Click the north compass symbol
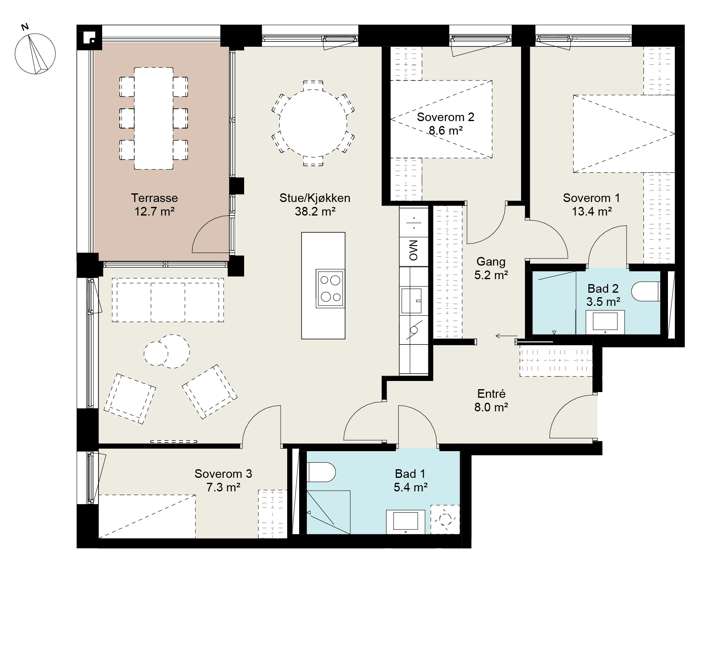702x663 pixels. pos(35,54)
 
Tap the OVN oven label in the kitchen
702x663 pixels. pos(414,250)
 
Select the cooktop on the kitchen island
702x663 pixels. pos(330,289)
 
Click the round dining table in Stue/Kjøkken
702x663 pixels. pos(313,123)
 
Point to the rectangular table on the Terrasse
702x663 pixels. pos(154,118)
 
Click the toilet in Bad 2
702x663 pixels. pos(646,291)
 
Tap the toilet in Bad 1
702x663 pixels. pos(321,472)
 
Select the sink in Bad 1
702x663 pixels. pos(406,521)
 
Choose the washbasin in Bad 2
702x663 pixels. pos(605,322)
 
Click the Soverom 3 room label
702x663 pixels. pos(223,474)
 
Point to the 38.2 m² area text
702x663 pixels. pos(315,211)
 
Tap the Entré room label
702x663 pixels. pos(491,394)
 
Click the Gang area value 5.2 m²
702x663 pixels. pos(491,275)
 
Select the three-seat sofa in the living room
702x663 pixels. pos(168,300)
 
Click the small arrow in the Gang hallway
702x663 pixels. pos(506,336)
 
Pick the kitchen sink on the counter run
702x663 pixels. pos(412,301)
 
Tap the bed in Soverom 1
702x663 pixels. pos(624,134)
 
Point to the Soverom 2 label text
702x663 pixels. pos(446,117)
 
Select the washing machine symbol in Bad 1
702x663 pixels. pos(445,519)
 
